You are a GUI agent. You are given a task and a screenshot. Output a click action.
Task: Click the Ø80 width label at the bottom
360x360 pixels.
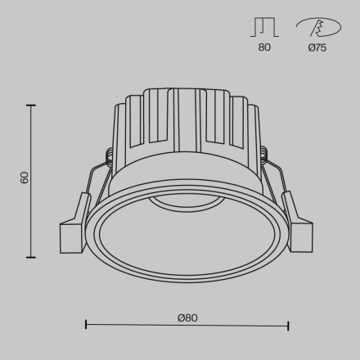pyautogui.click(x=187, y=317)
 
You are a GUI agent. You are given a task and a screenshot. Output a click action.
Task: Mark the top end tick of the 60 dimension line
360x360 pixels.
pyautogui.click(x=31, y=106)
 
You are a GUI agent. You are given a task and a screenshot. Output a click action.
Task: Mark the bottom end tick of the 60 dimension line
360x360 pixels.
pyautogui.click(x=31, y=256)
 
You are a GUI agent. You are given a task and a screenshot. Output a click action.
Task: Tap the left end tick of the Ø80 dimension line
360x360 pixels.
pyautogui.click(x=86, y=326)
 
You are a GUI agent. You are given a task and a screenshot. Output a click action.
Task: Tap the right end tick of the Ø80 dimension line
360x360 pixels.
pyautogui.click(x=289, y=326)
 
